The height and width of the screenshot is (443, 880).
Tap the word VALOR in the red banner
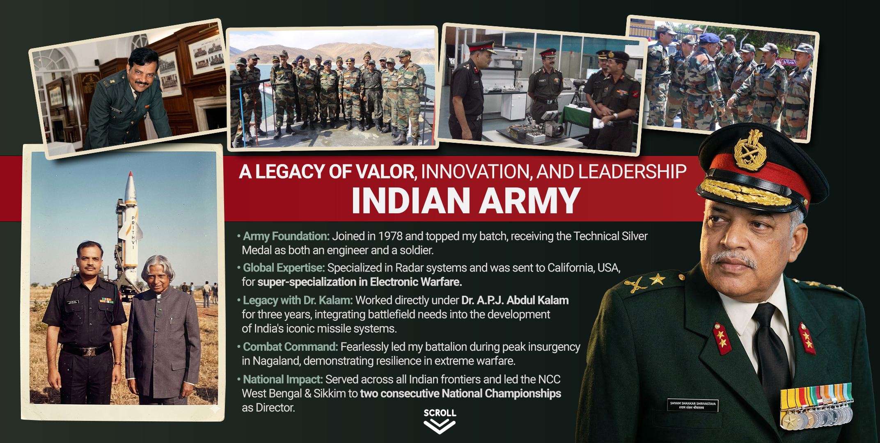385,171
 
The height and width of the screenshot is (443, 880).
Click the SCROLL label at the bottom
440,413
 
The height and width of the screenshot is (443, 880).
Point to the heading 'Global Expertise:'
284,268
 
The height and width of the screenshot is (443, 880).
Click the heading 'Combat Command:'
290,347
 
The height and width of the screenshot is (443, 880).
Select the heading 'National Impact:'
283,379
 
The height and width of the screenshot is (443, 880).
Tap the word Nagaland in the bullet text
276,361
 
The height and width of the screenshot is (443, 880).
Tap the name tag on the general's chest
693,405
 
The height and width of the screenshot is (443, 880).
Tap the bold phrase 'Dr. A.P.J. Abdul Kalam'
515,300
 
